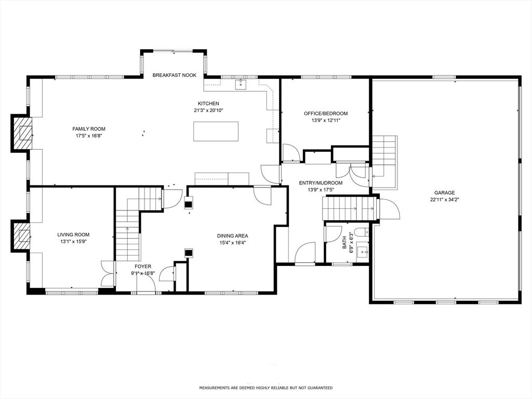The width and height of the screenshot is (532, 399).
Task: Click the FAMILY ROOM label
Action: click(x=89, y=129)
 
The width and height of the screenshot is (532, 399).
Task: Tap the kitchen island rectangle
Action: click(x=216, y=131)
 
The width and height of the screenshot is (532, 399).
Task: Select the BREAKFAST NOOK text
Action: click(x=175, y=75)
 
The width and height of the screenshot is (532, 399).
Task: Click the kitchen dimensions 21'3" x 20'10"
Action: click(x=208, y=111)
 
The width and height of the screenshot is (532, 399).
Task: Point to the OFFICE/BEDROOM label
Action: click(x=326, y=113)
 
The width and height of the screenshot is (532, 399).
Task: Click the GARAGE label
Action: click(x=444, y=193)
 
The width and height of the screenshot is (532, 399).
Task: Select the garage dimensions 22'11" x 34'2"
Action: click(x=444, y=199)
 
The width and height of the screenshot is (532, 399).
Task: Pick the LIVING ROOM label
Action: click(x=73, y=235)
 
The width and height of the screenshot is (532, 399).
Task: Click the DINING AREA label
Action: click(x=232, y=236)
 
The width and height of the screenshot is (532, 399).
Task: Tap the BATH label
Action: click(x=344, y=243)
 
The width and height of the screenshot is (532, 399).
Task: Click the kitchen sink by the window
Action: click(x=240, y=84)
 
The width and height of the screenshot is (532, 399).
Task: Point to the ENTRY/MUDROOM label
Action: click(x=321, y=183)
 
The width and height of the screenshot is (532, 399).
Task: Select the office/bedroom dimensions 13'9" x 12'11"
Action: click(x=326, y=121)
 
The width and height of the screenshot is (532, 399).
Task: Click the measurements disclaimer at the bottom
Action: click(x=266, y=388)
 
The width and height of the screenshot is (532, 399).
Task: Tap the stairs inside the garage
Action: click(x=384, y=156)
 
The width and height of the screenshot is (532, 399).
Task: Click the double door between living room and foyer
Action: click(x=108, y=273)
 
